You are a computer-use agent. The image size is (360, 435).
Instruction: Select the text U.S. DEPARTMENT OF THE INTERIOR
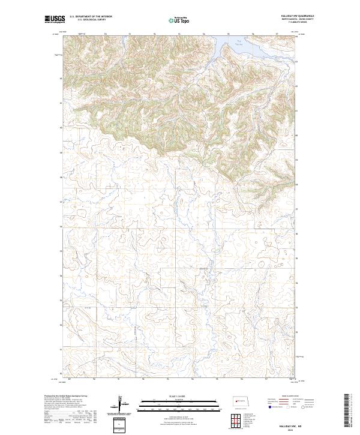pos(91,17)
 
